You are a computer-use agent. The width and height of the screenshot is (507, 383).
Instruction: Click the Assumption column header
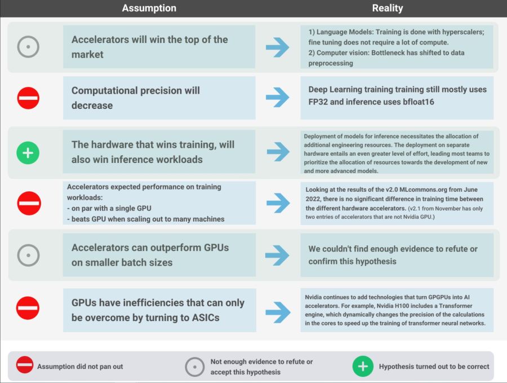[149, 8]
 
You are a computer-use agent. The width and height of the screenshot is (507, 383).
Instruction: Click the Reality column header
[388, 8]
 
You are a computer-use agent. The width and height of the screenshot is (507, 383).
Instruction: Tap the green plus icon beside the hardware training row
[28, 153]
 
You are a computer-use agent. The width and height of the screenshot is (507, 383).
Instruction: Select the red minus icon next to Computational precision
[28, 98]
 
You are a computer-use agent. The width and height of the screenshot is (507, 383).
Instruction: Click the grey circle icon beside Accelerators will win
[28, 47]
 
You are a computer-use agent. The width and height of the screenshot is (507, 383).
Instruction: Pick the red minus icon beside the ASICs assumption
[28, 308]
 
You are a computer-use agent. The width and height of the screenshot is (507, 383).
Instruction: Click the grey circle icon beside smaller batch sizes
[29, 255]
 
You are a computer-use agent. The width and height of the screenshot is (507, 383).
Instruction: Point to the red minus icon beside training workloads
[29, 203]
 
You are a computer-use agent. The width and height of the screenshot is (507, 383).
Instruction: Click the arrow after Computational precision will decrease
[277, 97]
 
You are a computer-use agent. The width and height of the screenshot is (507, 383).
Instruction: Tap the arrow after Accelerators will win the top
[277, 47]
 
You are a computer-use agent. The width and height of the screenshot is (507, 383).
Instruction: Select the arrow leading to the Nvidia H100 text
[278, 312]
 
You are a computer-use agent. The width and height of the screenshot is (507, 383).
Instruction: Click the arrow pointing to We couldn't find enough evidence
[277, 255]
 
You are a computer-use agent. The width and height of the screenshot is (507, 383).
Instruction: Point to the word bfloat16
[419, 102]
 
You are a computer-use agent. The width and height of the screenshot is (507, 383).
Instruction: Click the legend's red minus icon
[25, 365]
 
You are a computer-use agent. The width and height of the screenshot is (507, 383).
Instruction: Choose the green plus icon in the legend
[363, 367]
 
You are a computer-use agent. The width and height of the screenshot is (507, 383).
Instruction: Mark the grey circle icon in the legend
[195, 367]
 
